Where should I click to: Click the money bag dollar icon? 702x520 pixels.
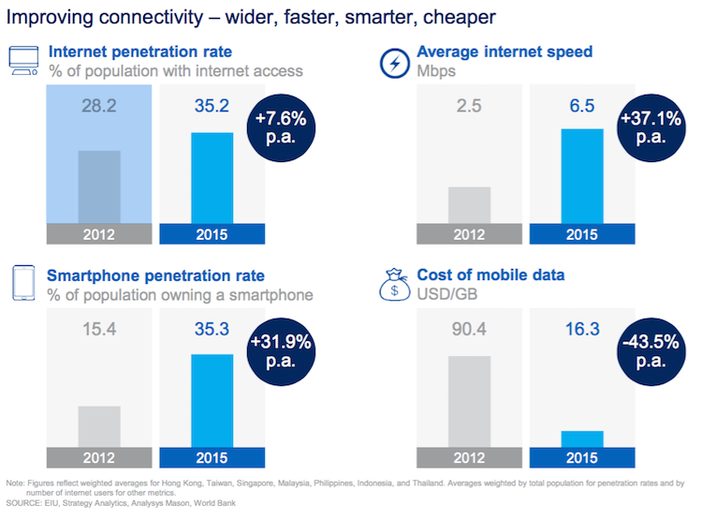(393, 283)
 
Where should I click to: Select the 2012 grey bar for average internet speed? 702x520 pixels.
(470, 204)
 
